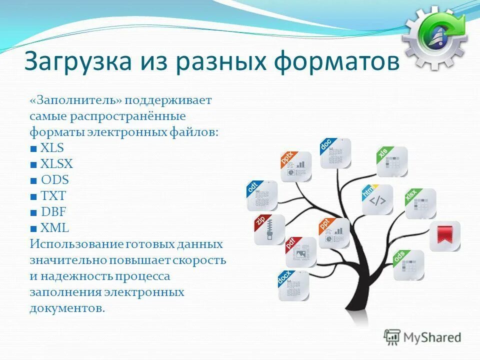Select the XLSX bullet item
[x=56, y=164]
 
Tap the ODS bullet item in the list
[x=54, y=180]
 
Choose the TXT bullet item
[x=53, y=196]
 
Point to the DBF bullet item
[x=53, y=212]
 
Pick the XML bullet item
[x=54, y=228]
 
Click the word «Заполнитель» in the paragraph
[x=75, y=100]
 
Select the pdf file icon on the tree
[x=301, y=252]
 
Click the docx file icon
[x=293, y=285]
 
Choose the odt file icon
[x=262, y=196]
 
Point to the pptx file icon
[x=296, y=166]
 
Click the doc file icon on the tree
[x=335, y=153]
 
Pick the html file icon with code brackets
[x=377, y=200]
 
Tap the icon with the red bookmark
[x=444, y=236]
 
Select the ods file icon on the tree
[x=408, y=265]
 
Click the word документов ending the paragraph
[x=67, y=308]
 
